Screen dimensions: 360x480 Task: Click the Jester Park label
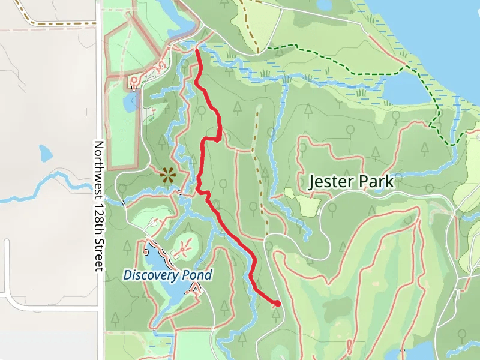[x=351, y=181]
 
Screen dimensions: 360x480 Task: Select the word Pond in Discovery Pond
[x=197, y=275]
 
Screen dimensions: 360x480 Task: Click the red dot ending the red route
[x=277, y=304]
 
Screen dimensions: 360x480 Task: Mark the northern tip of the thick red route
[x=197, y=52]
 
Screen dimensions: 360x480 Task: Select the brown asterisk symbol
[x=167, y=175]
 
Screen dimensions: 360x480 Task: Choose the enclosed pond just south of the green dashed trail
[x=408, y=90]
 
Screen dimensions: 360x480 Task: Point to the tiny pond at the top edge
[x=324, y=5]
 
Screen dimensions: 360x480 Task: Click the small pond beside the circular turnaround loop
[x=130, y=101]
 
